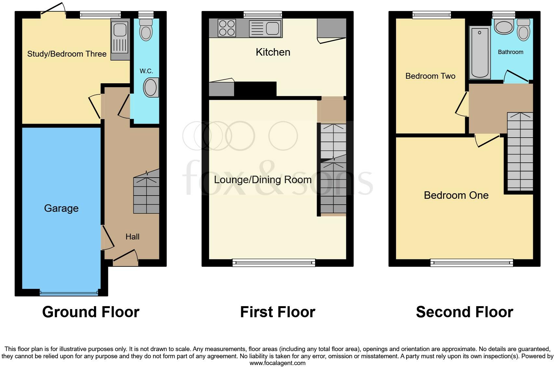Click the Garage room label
click(61, 208)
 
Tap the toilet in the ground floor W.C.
click(146, 30)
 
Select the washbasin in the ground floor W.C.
click(151, 87)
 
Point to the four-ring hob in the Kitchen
click(227, 28)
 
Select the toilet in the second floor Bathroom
click(523, 30)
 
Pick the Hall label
click(132, 237)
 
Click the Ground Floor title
click(91, 312)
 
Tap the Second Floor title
click(464, 312)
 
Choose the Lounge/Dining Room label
click(262, 180)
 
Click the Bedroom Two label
click(430, 76)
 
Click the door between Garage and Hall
click(107, 238)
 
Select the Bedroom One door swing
click(486, 141)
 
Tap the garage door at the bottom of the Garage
click(69, 293)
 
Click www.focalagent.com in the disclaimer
click(277, 363)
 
